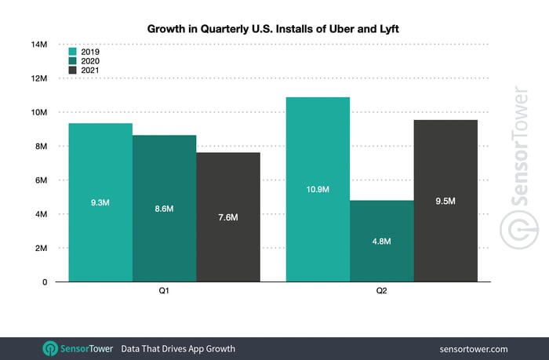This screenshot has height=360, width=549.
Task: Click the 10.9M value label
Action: coord(318,189)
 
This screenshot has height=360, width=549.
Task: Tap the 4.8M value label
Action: coord(381,241)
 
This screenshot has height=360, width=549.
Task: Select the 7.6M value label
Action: coord(228,217)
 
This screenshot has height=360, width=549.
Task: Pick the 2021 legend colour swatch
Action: coord(73,71)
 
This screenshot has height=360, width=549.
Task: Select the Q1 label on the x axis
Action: coord(165,291)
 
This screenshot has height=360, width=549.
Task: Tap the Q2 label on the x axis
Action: coord(381,291)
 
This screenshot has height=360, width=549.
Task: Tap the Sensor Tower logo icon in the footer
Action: coord(50,348)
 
